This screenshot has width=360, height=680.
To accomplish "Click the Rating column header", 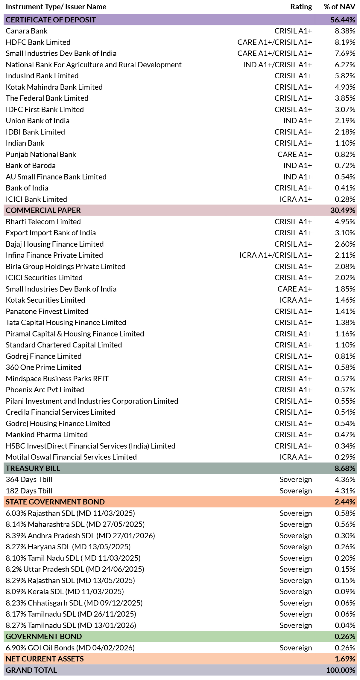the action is coord(301,7).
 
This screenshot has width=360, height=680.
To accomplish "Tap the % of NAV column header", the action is coord(340,7).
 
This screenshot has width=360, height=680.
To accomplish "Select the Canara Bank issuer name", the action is coord(27,31).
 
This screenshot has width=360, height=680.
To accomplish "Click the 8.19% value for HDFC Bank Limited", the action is coord(345,42).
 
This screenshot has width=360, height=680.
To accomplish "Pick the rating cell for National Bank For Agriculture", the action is coord(278,65).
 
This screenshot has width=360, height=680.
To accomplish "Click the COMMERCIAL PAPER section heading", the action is coord(43,210).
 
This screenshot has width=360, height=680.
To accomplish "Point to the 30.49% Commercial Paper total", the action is coord(343,210).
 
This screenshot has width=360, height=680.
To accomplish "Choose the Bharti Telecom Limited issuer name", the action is coord(43,222).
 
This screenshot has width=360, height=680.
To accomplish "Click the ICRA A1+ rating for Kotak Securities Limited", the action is coord(296,300).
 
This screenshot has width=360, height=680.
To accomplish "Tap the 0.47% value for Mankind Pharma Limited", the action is coord(345,434).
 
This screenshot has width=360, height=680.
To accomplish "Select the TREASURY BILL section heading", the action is coord(33,468).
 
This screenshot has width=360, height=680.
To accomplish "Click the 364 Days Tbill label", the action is coord(29,479).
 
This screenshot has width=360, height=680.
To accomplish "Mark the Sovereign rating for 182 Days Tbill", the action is coord(296,491).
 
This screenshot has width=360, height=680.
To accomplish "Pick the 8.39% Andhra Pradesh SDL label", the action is coord(80,536).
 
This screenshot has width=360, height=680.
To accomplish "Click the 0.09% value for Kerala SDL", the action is coord(345,591).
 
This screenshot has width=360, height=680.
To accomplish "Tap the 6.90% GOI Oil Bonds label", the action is coord(70,648).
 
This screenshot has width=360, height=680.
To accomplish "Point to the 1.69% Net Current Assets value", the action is coord(345,659).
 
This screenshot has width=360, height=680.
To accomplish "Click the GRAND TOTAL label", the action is coord(31,670).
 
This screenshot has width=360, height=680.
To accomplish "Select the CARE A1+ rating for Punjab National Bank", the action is coord(295,154).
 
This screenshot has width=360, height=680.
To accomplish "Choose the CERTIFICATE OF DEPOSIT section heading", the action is coord(51,20).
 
